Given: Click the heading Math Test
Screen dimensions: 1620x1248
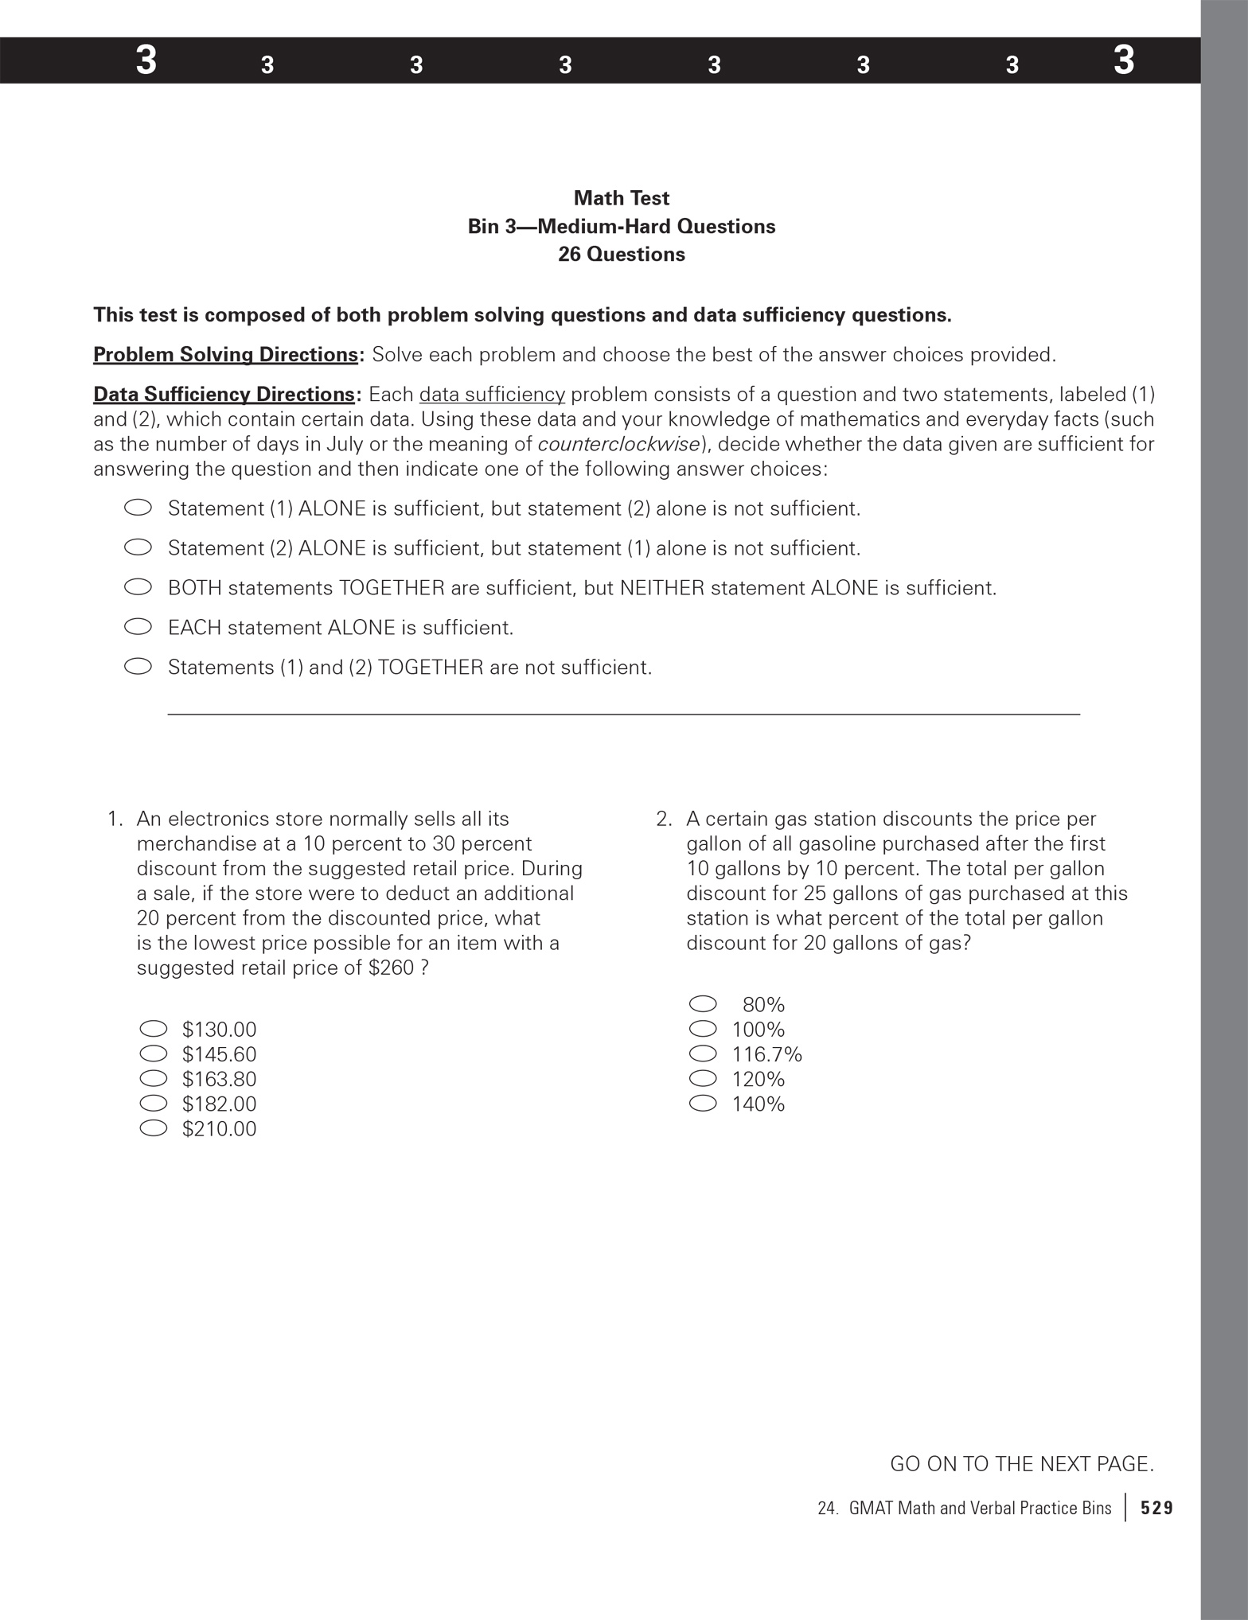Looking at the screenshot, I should click(x=621, y=198).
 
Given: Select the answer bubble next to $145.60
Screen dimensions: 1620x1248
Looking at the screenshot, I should click(x=154, y=1054).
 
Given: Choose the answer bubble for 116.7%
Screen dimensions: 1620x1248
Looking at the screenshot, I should click(x=703, y=1054).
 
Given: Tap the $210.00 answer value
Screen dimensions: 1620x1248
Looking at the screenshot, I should click(x=219, y=1129).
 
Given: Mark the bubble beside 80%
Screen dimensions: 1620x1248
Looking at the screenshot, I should click(x=703, y=1004).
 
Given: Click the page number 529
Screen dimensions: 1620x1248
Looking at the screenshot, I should click(x=1156, y=1508).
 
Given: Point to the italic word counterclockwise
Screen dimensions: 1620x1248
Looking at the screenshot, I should click(x=618, y=444).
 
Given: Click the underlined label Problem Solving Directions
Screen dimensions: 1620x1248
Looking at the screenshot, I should click(x=225, y=355).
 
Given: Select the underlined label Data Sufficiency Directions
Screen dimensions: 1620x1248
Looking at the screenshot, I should click(x=224, y=395).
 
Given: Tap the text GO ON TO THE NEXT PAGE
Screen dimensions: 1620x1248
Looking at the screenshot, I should click(x=1021, y=1464).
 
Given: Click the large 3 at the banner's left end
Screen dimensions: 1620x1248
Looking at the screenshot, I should click(x=146, y=60).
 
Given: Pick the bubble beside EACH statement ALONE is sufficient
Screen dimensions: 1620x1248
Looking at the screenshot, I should click(x=138, y=628).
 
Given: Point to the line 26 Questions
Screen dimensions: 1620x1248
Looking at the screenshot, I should click(x=621, y=255).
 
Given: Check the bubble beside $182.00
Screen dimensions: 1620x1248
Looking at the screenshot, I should click(x=154, y=1104).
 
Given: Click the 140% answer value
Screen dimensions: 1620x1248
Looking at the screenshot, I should click(x=758, y=1104).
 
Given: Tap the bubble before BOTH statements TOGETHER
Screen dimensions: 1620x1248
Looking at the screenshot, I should click(x=138, y=588).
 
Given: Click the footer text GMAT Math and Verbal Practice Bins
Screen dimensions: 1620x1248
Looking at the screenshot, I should click(x=980, y=1508).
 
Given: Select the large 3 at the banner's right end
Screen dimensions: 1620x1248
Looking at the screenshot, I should click(x=1123, y=60).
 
